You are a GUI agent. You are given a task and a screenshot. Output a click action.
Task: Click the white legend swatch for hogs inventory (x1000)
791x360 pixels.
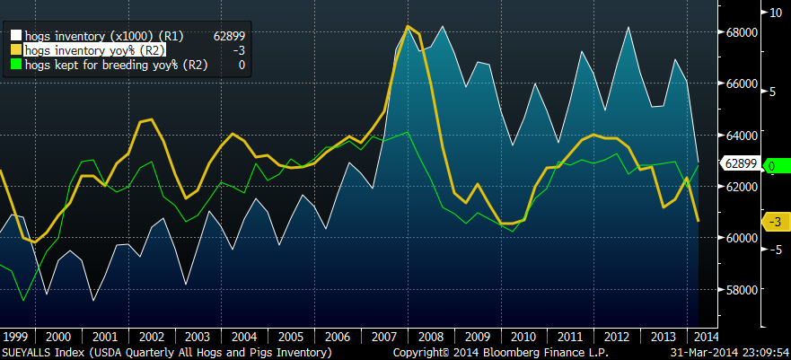tap(15, 37)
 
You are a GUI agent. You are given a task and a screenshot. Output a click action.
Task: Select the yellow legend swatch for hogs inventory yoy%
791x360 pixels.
tap(15, 51)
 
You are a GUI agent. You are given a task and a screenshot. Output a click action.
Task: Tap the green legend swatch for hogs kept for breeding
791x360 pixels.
tap(15, 66)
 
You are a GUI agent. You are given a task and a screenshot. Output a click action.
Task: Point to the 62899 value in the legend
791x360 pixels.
tap(228, 37)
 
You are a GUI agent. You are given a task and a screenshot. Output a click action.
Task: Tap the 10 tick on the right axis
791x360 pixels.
tap(772, 13)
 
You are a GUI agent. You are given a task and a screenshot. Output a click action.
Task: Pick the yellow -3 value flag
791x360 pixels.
tap(772, 222)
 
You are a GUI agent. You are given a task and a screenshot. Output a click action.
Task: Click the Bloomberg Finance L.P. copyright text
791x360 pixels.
tap(472, 353)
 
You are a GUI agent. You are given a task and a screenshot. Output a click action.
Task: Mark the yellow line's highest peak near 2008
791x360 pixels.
tap(409, 27)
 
